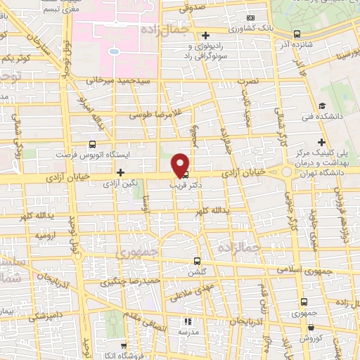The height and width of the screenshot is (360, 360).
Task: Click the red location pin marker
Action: click(x=181, y=165)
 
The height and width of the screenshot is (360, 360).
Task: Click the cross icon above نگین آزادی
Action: click(x=120, y=172)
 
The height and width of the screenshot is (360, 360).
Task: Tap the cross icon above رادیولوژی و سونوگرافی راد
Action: click(x=205, y=35)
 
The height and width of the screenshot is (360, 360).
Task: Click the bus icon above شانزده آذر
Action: click(x=297, y=33)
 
